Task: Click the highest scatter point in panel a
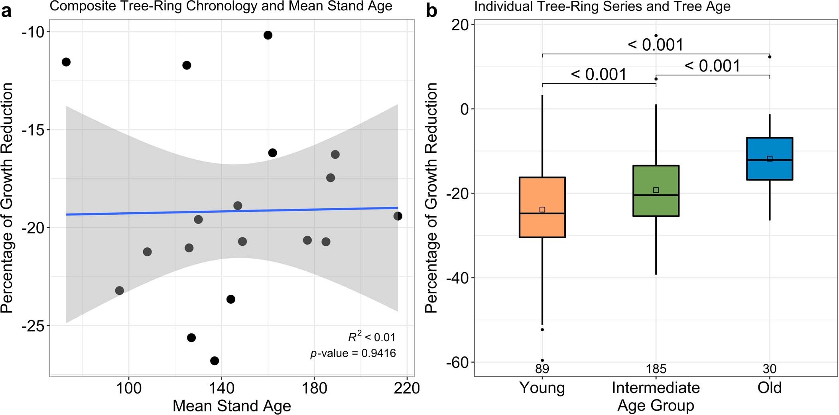coord(268,35)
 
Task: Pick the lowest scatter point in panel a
coord(215,361)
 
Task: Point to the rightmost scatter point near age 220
coord(398,216)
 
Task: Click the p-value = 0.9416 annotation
coord(353,353)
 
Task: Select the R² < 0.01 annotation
coord(372,337)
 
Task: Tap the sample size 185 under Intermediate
coord(656,369)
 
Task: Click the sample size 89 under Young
coord(542,369)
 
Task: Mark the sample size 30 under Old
coord(770,369)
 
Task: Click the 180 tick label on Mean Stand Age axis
coord(315,388)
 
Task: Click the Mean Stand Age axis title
coord(232,406)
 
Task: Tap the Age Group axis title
coord(656,405)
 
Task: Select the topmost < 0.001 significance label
coord(656,45)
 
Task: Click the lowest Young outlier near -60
coord(542,360)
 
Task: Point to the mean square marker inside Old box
coord(770,159)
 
